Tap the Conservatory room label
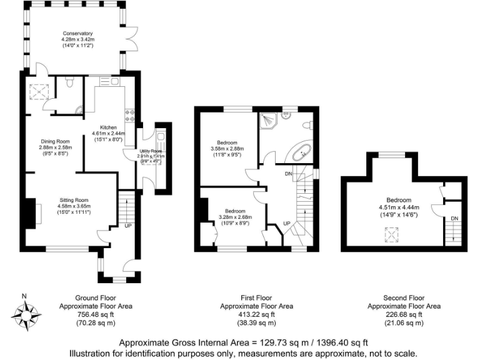77,34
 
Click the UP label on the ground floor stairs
128,225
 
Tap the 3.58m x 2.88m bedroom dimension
226,149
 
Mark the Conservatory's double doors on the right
132,37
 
